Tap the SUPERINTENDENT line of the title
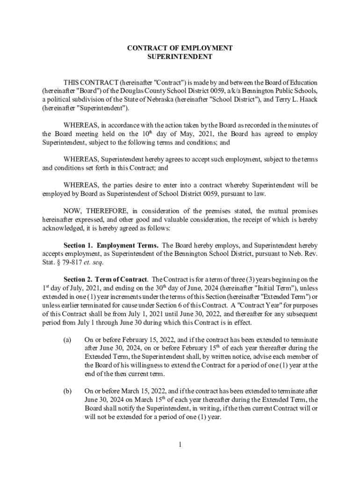click(180, 57)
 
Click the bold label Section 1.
click(78, 246)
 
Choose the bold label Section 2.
click(78, 280)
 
